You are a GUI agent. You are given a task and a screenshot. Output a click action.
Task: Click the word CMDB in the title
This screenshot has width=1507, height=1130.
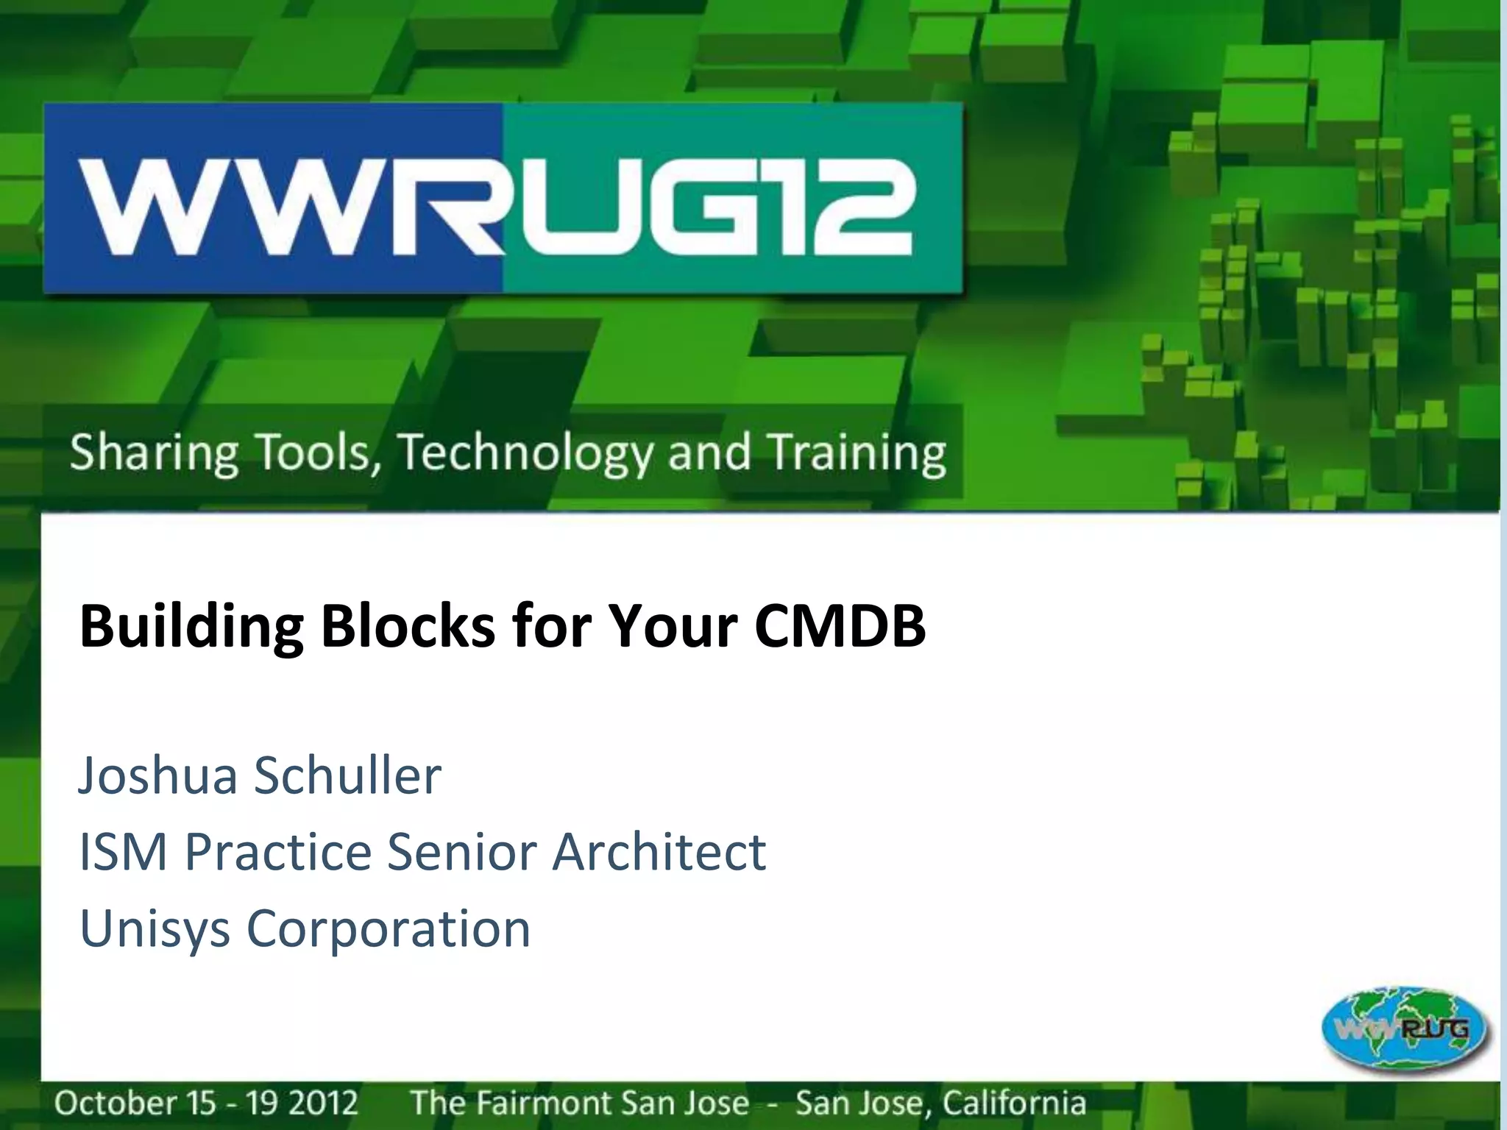[840, 627]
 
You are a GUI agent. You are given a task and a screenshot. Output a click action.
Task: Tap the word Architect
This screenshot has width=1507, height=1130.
[659, 852]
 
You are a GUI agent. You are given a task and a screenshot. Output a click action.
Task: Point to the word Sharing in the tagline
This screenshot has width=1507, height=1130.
[154, 453]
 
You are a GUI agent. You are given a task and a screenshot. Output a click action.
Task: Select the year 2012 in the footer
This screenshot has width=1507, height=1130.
[323, 1103]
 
